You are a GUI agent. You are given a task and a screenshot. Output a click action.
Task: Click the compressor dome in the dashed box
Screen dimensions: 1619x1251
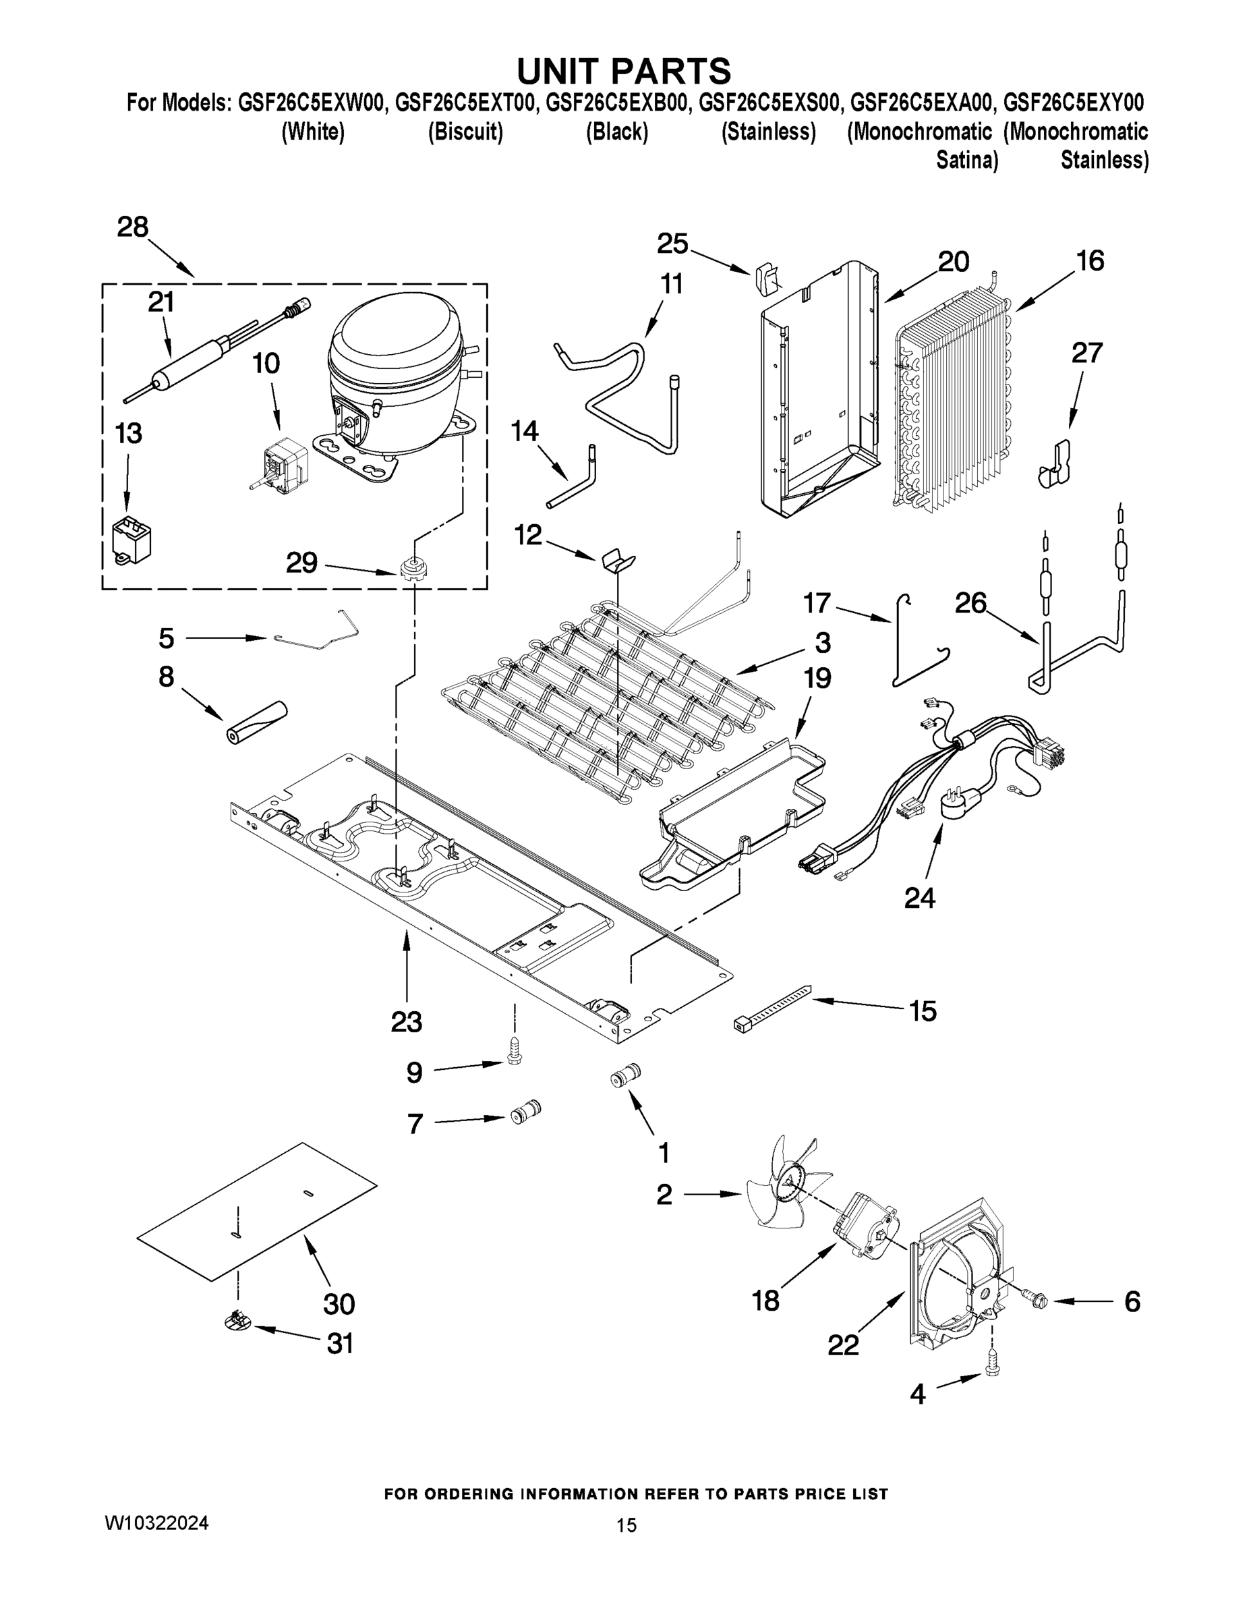coord(397,348)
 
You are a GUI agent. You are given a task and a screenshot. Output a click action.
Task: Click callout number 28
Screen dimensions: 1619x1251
coord(133,227)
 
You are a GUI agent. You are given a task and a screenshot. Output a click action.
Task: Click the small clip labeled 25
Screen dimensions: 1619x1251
coord(764,280)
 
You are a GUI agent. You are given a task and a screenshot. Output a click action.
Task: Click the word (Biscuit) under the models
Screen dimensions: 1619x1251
coord(465,132)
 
